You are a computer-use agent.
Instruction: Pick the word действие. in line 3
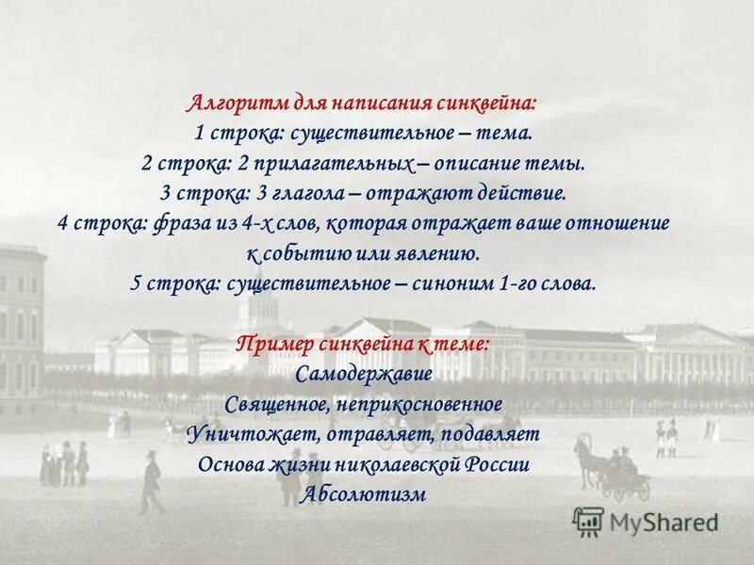tap(519, 194)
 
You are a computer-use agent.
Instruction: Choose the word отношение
tap(616, 224)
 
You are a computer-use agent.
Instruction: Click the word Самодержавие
tap(364, 375)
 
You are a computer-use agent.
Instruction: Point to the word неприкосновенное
tap(418, 405)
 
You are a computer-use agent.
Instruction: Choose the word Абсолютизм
tap(364, 495)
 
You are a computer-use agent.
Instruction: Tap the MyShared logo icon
tap(589, 521)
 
